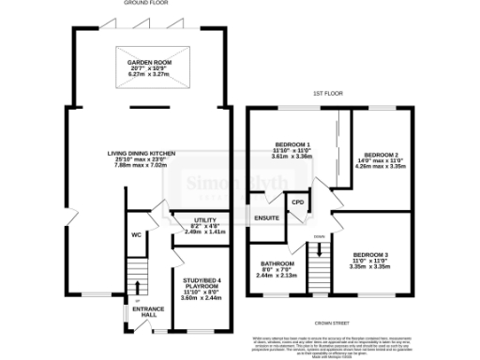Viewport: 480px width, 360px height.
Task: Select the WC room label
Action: click(136, 235)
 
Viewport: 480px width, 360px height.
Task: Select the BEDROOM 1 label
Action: click(292, 144)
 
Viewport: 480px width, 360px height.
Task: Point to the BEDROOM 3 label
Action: click(370, 254)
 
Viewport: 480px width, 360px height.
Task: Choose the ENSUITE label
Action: click(268, 218)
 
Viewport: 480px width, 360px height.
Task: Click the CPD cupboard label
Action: click(298, 202)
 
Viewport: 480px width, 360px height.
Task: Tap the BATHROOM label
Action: click(277, 264)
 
